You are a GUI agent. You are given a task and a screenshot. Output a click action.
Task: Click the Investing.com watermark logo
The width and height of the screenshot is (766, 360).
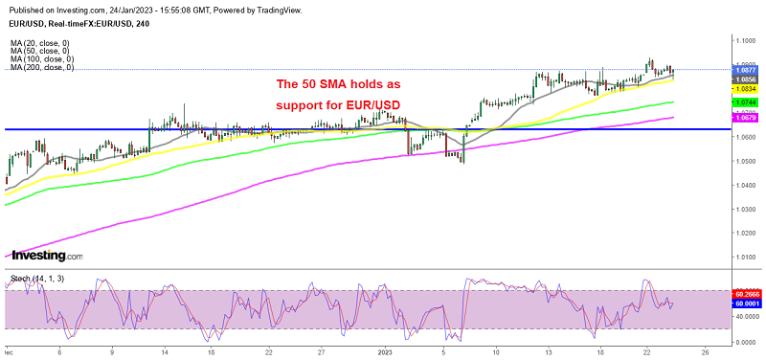tap(46, 256)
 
